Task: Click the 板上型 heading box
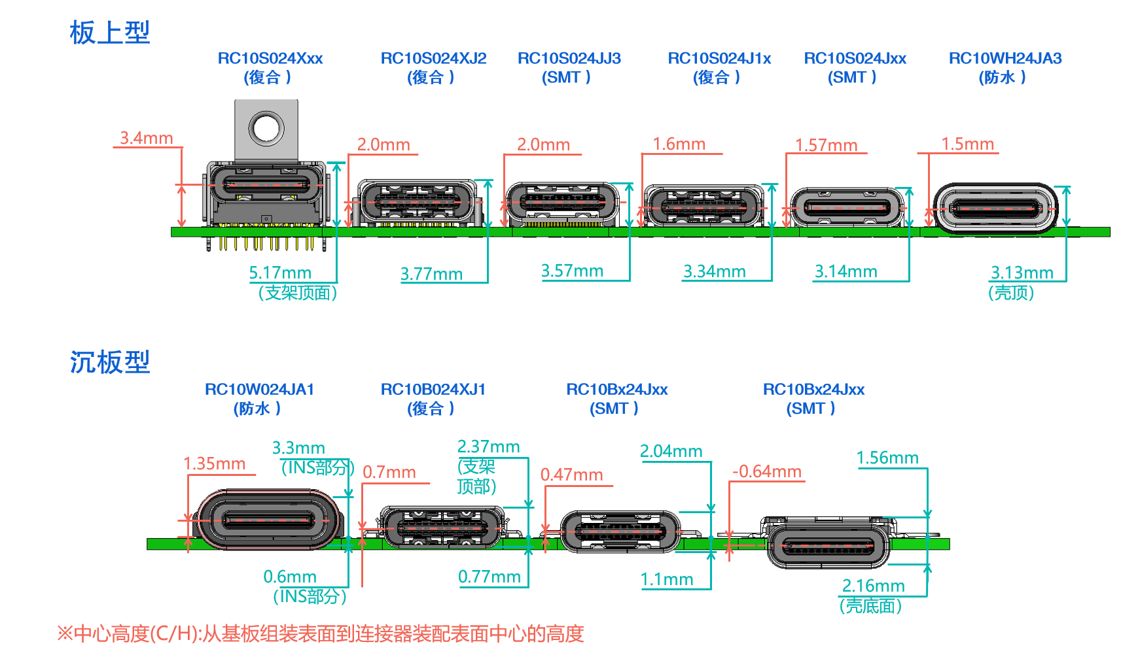click(x=110, y=33)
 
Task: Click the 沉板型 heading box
click(x=110, y=363)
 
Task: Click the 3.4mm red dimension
click(x=147, y=138)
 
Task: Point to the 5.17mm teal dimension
click(x=280, y=273)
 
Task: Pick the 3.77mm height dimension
click(x=431, y=273)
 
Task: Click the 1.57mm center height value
click(x=826, y=145)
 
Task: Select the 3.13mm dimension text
click(x=1022, y=272)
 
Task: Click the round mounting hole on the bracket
click(x=266, y=127)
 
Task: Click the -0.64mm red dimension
click(x=766, y=471)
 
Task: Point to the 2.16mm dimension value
click(x=873, y=585)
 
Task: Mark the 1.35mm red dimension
click(x=214, y=463)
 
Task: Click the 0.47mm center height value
click(x=571, y=475)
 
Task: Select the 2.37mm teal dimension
click(x=488, y=446)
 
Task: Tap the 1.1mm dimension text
click(x=667, y=579)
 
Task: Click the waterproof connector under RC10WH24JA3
click(x=995, y=209)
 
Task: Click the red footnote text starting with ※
click(x=320, y=633)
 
